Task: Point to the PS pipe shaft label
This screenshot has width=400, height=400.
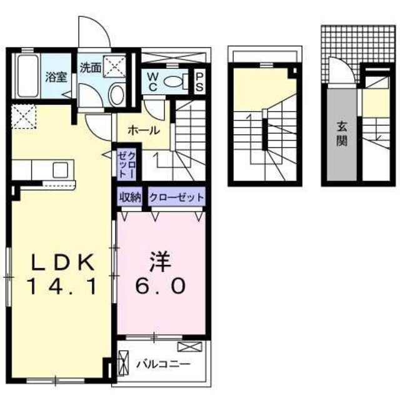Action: pos(199,82)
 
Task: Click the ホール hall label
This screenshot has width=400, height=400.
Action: pos(144,131)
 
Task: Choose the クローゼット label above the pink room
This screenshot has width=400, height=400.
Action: pos(177,197)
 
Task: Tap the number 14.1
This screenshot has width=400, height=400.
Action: pos(61,287)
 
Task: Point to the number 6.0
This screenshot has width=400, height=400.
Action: pos(161,287)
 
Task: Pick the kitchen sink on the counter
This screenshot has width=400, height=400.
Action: pos(61,169)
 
